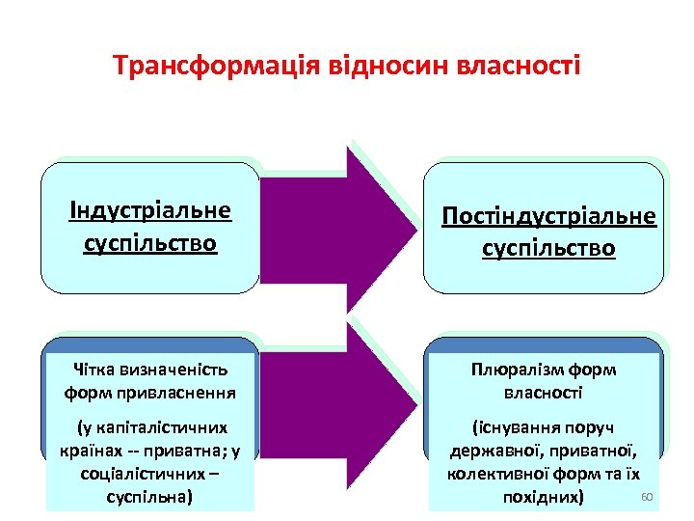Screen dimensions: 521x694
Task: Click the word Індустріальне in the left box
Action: click(x=149, y=210)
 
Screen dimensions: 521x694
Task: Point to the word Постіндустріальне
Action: click(x=548, y=215)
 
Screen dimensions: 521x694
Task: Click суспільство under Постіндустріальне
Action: click(x=548, y=248)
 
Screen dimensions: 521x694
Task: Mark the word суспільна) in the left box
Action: click(x=149, y=498)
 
